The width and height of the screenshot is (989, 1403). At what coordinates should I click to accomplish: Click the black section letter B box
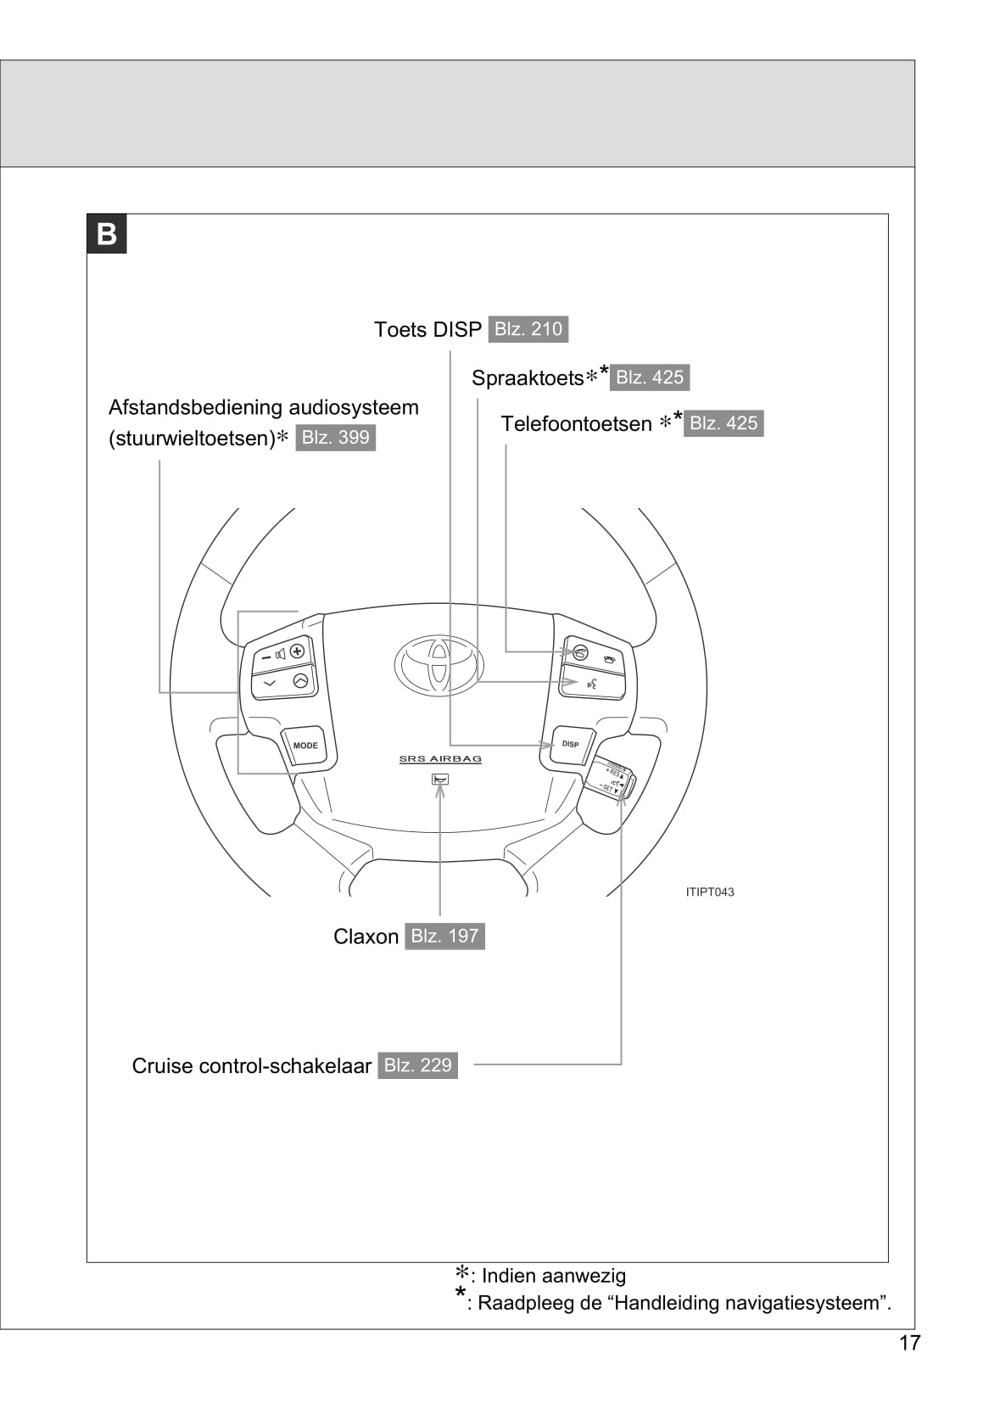coord(107,234)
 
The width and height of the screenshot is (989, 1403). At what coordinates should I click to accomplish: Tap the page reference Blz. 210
coord(528,329)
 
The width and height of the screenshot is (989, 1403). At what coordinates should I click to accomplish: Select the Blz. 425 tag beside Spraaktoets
coord(649,377)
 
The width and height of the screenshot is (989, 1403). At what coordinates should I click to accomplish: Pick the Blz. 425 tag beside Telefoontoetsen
coord(723,423)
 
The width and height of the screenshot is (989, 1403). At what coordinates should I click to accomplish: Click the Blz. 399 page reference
coord(335,438)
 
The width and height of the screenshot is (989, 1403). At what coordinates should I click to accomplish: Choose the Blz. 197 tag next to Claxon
coord(444,936)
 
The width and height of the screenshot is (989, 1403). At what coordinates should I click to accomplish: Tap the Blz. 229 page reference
coord(417,1065)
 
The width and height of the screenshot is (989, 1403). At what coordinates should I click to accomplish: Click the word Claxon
coord(366,936)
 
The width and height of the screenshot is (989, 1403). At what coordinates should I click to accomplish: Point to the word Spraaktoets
coord(528,378)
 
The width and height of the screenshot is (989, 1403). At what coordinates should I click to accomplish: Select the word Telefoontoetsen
coord(576,424)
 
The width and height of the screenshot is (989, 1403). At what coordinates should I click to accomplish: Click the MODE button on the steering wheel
coord(305,746)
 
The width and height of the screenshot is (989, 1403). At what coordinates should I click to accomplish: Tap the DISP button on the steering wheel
coord(570,744)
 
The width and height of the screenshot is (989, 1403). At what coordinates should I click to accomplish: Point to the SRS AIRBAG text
coord(440,759)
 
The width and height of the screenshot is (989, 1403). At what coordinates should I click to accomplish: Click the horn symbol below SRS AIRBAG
coord(439,779)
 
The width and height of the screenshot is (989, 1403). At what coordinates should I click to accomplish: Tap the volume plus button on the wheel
coord(297,651)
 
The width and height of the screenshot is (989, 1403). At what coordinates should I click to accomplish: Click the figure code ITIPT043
coord(710,892)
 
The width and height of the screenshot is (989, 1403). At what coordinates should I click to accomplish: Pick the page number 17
coord(909,1343)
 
